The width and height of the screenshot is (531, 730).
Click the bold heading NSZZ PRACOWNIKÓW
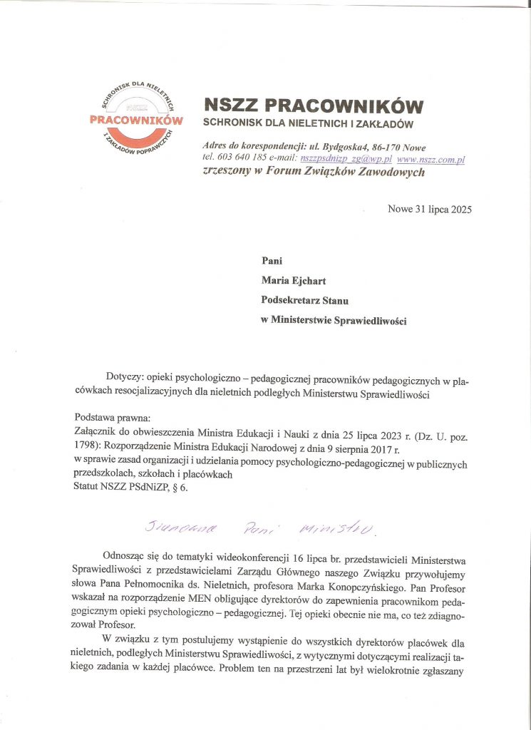pyautogui.click(x=313, y=106)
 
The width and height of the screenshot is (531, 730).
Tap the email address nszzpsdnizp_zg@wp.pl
pyautogui.click(x=346, y=160)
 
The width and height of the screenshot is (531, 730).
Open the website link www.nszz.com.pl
pyautogui.click(x=431, y=160)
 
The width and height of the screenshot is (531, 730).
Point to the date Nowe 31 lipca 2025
pyautogui.click(x=429, y=209)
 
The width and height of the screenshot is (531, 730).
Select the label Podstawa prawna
pyautogui.click(x=108, y=418)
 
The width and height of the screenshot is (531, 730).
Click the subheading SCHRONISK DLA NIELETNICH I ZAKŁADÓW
pyautogui.click(x=309, y=124)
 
